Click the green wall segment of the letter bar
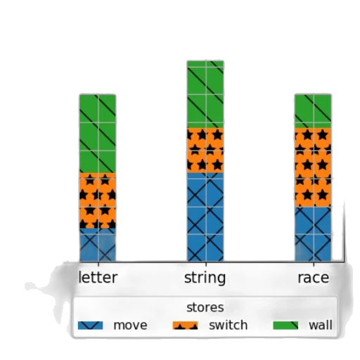pyautogui.click(x=98, y=134)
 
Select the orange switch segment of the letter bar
pyautogui.click(x=98, y=200)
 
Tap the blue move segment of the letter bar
pyautogui.click(x=98, y=245)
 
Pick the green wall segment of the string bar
pyautogui.click(x=205, y=94)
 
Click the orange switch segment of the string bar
pyautogui.click(x=205, y=150)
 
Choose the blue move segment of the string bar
pyautogui.click(x=205, y=217)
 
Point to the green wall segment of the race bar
pyautogui.click(x=313, y=111)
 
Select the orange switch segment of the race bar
pyautogui.click(x=313, y=167)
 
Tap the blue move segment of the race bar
pyautogui.click(x=313, y=234)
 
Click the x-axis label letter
pyautogui.click(x=98, y=278)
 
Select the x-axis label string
pyautogui.click(x=205, y=278)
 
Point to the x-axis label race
pyautogui.click(x=314, y=278)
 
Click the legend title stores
pyautogui.click(x=205, y=307)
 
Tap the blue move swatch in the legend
pyautogui.click(x=90, y=326)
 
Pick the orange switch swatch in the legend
pyautogui.click(x=185, y=326)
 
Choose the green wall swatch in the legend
pyautogui.click(x=285, y=326)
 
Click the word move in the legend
pyautogui.click(x=130, y=326)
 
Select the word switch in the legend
pyautogui.click(x=229, y=326)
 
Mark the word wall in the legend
pyautogui.click(x=321, y=326)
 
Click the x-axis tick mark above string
pyautogui.click(x=206, y=264)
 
